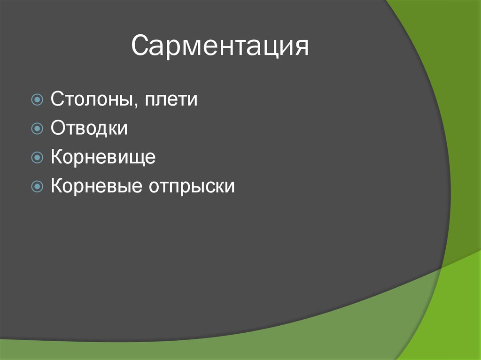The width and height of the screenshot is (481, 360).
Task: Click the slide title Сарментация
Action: point(220,46)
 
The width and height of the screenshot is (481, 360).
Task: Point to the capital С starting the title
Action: point(140,46)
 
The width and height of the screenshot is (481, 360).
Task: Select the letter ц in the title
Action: point(268,48)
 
